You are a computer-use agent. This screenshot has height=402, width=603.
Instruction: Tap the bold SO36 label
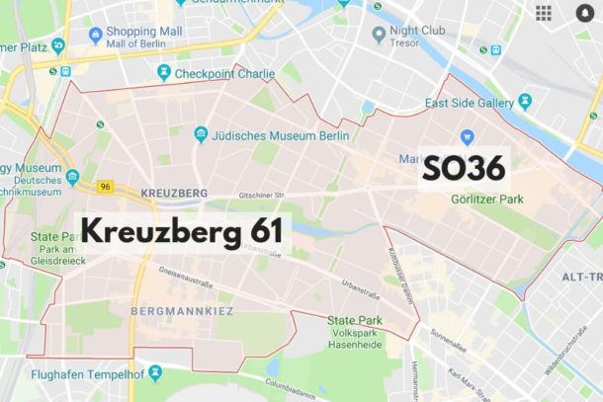464,168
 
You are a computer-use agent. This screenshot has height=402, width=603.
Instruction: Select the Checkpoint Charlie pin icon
163,73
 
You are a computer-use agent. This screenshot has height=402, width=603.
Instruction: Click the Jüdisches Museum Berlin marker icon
201,133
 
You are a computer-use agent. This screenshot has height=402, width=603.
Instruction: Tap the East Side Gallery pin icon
525,100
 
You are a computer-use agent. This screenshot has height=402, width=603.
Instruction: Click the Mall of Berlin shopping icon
96,35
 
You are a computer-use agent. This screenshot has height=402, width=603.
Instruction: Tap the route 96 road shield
106,186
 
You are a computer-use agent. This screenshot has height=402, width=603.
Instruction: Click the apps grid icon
544,13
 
